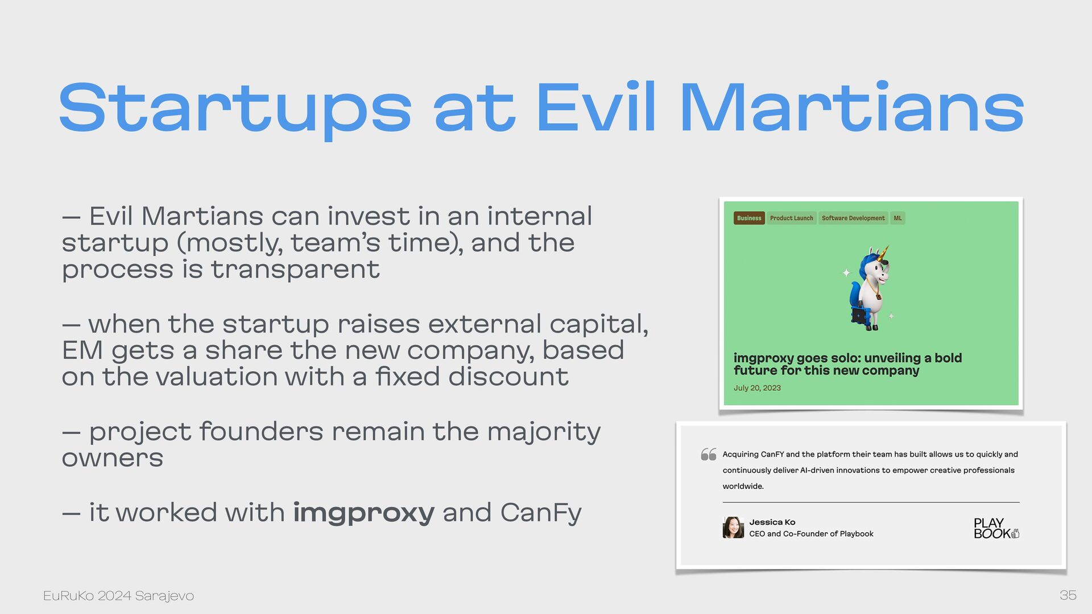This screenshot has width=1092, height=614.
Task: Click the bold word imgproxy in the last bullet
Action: (363, 513)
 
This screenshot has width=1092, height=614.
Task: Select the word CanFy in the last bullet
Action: (541, 513)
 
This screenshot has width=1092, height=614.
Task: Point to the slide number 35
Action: (1068, 595)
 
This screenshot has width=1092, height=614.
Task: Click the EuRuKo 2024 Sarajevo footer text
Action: (118, 596)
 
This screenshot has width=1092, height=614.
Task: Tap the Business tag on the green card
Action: (749, 218)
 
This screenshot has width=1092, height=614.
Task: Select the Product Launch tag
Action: (792, 218)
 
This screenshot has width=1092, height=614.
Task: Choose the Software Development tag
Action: (853, 218)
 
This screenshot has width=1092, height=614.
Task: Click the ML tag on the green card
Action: (897, 218)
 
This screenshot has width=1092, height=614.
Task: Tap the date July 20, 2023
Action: (757, 388)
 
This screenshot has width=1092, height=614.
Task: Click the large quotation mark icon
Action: (708, 454)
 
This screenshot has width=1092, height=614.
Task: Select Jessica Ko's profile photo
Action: (733, 528)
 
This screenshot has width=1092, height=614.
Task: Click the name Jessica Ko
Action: (772, 522)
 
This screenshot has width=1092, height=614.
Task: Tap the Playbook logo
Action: (996, 528)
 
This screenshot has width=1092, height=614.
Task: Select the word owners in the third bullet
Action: (113, 458)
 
